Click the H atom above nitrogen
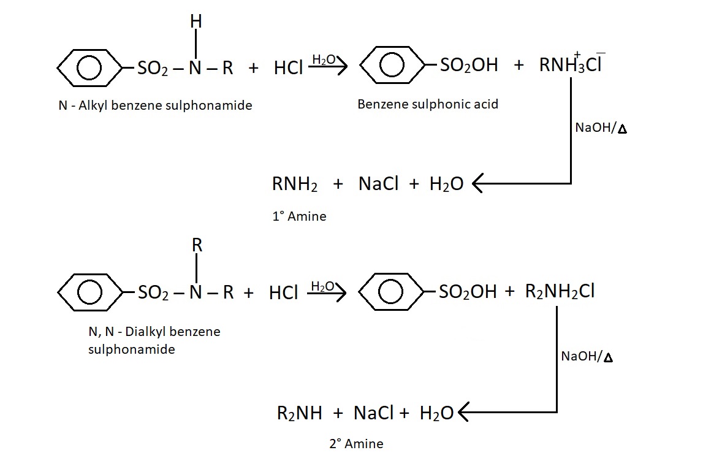point(196,21)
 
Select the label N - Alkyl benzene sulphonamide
point(155,105)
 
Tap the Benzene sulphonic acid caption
point(428,104)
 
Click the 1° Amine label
point(299,216)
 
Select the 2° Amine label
point(356,444)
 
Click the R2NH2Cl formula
point(560,291)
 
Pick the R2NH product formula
point(299,413)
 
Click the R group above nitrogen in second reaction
point(197,246)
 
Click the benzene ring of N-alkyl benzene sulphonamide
point(89,66)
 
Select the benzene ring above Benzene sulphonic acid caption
point(391,66)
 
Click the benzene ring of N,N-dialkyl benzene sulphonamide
point(89,292)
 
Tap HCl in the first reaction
point(288,67)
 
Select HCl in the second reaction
point(283,293)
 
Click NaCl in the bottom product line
point(374,413)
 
